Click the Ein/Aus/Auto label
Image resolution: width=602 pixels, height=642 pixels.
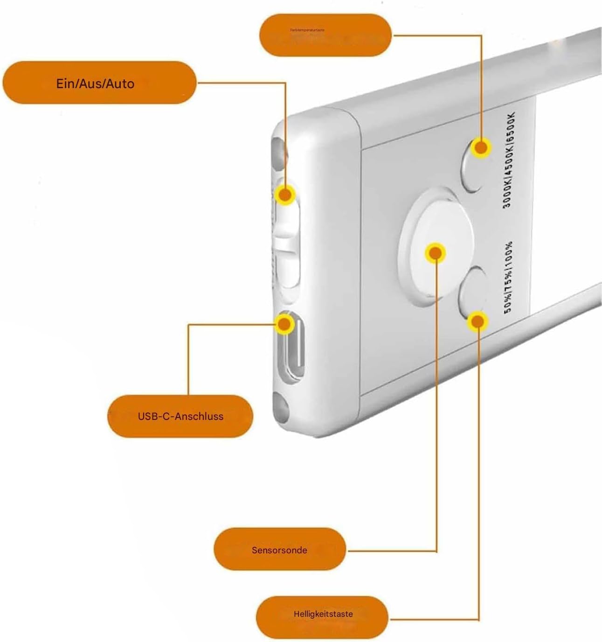95,84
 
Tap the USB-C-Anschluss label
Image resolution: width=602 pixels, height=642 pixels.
180,416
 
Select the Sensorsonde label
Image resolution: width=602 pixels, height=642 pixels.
279,550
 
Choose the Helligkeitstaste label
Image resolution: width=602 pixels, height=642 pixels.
323,614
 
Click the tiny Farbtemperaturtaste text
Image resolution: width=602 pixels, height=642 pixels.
307,30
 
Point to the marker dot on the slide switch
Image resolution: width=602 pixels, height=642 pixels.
284,194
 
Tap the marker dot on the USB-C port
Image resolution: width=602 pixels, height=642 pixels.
284,323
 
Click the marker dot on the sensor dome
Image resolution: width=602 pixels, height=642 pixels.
435,253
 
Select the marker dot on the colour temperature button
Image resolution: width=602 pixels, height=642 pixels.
481,148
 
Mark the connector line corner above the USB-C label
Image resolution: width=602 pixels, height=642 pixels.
188,325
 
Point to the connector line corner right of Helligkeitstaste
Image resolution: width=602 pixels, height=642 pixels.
478,619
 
